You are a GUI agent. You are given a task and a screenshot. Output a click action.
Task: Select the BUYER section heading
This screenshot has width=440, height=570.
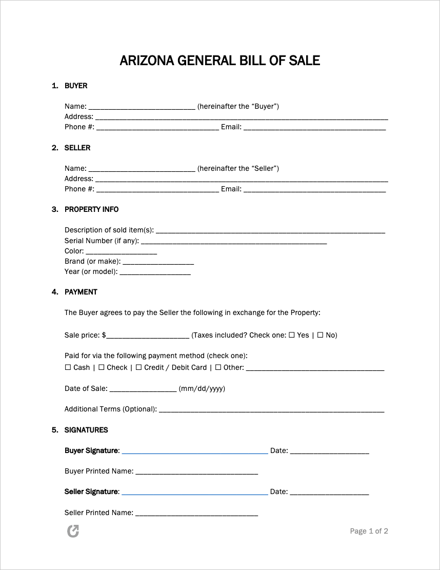pyautogui.click(x=76, y=86)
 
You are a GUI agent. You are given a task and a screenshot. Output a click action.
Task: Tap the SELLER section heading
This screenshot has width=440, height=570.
pyautogui.click(x=77, y=148)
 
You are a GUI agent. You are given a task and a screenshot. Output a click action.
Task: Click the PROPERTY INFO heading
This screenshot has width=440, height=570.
pyautogui.click(x=91, y=209)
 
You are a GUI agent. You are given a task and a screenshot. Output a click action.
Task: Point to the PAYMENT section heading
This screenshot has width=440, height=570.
pyautogui.click(x=81, y=292)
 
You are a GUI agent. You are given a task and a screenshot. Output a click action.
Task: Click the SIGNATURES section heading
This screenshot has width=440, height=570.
pyautogui.click(x=86, y=430)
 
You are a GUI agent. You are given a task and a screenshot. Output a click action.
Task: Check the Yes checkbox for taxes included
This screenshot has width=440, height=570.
pyautogui.click(x=292, y=335)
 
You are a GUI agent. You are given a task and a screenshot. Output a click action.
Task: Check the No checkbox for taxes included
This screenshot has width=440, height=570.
pyautogui.click(x=320, y=335)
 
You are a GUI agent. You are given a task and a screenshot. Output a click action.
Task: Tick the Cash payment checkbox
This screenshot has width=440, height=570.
pyautogui.click(x=68, y=367)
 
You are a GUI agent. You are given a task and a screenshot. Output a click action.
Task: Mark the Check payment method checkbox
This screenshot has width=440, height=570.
pyautogui.click(x=102, y=367)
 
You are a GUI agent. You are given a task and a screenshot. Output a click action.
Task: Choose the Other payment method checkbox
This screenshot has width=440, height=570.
pyautogui.click(x=218, y=367)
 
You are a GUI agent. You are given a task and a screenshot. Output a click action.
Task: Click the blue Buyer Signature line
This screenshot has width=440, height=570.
pyautogui.click(x=195, y=452)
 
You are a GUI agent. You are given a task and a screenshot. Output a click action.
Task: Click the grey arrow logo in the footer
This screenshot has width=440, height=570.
pyautogui.click(x=73, y=531)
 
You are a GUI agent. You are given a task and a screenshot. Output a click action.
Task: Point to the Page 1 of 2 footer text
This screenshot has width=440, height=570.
pyautogui.click(x=369, y=531)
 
